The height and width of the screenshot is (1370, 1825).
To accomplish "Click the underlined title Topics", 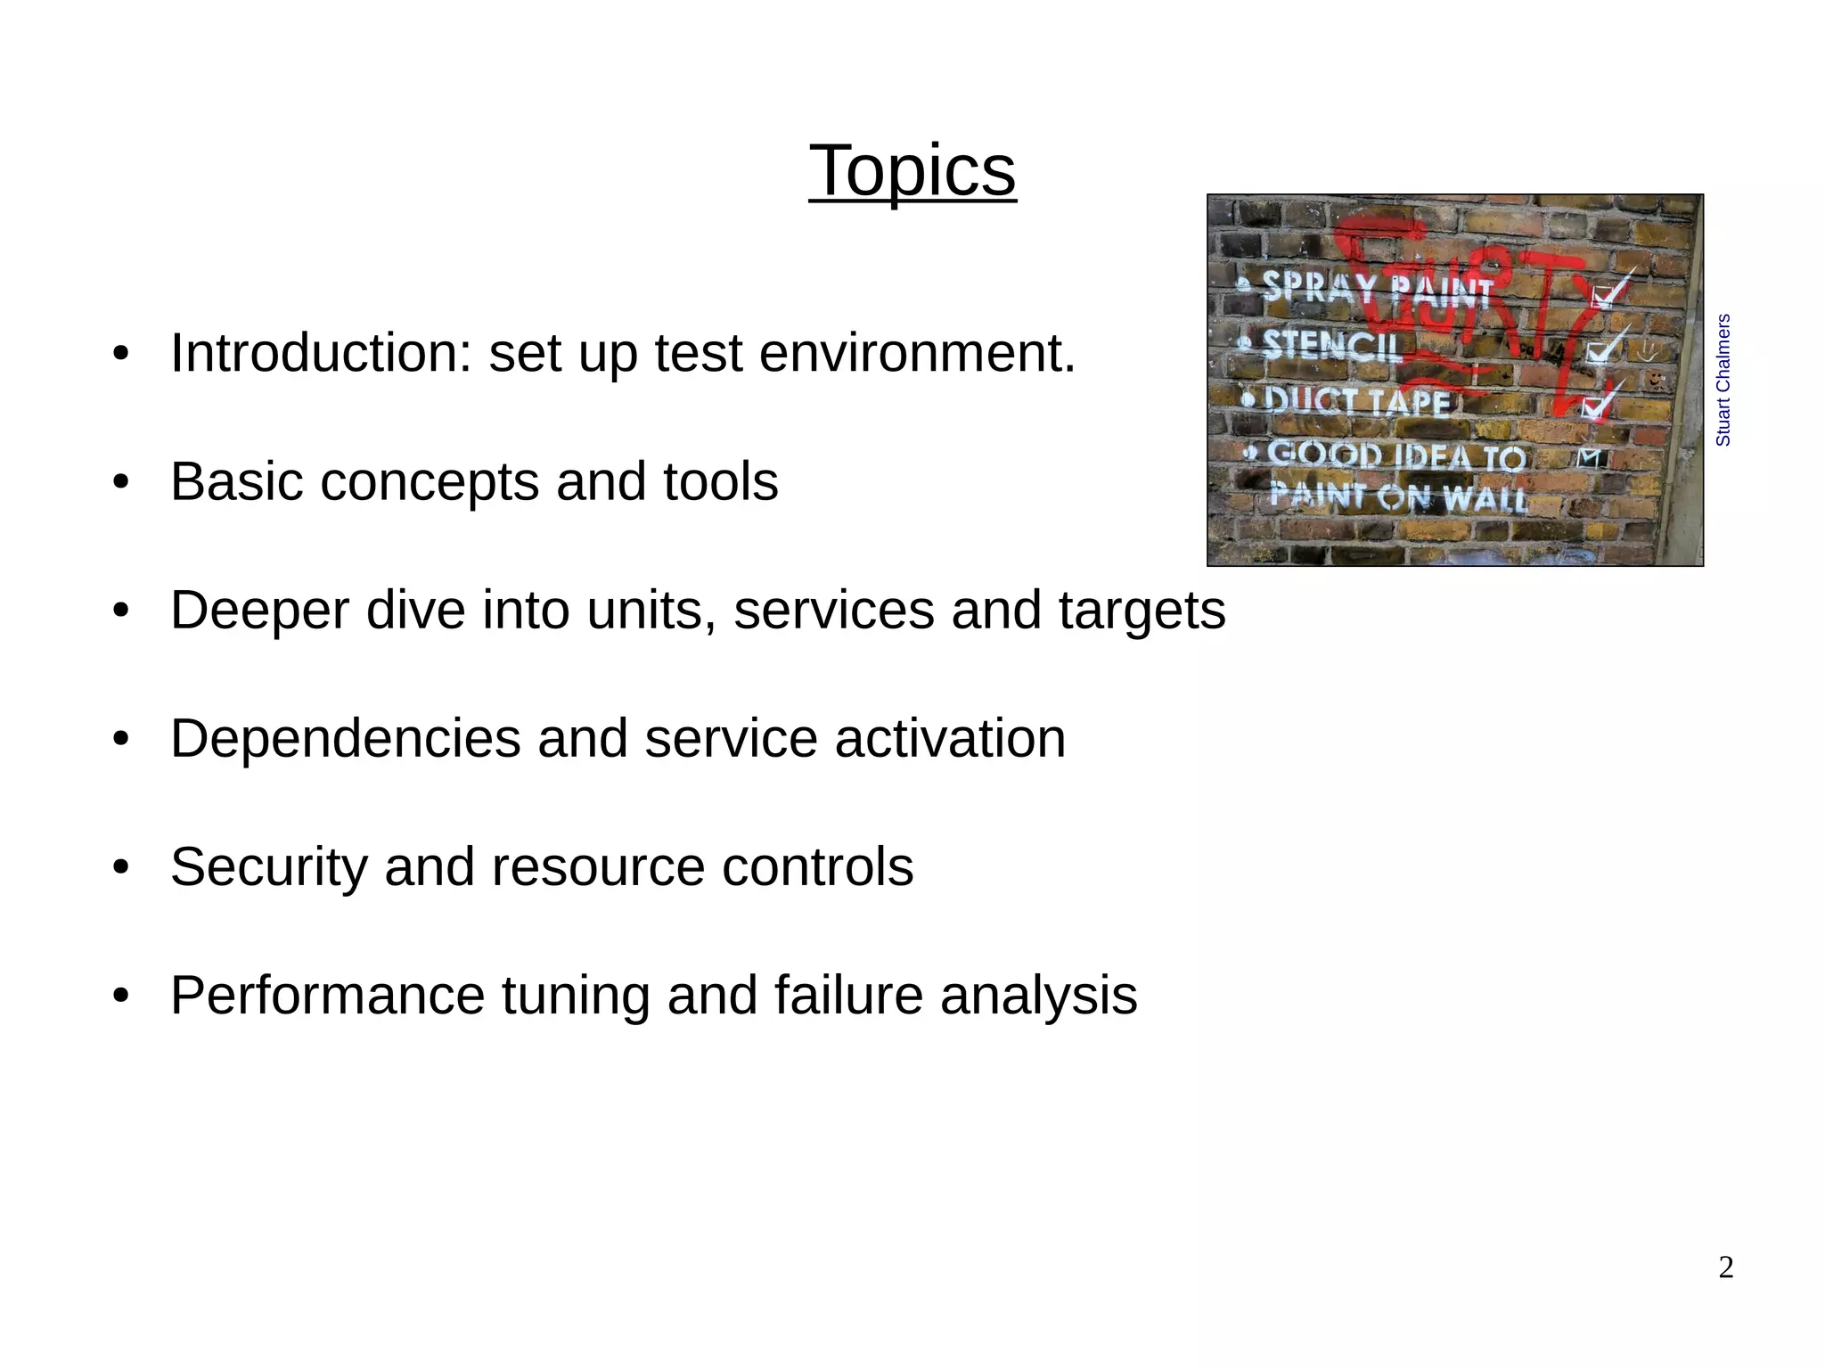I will [912, 171].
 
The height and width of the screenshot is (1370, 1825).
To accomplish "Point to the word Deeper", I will [258, 611].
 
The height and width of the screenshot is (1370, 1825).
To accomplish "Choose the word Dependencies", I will [345, 739].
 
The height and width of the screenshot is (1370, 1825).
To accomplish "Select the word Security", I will [268, 867].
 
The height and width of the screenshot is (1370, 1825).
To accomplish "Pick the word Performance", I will [327, 996].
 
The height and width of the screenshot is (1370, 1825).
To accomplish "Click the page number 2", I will [1725, 1267].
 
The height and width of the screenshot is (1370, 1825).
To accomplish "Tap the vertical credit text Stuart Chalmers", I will [1723, 380].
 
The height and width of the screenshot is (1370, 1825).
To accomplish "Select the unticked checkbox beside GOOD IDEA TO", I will [1590, 458].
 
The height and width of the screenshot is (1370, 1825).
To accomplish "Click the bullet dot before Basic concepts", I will [121, 482].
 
